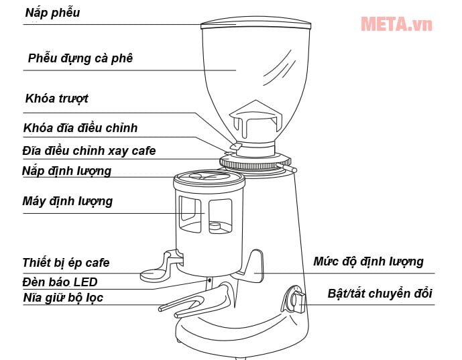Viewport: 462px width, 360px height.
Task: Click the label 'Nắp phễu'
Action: [52, 13]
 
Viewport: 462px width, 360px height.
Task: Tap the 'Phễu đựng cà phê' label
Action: [80, 58]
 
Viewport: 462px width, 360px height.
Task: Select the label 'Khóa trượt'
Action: [56, 99]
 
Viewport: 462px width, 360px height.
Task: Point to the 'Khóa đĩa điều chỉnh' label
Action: [80, 127]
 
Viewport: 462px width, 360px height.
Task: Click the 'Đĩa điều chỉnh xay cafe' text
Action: [89, 150]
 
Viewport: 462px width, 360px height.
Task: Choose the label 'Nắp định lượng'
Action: [66, 171]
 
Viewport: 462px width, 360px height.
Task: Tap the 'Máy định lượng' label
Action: [67, 201]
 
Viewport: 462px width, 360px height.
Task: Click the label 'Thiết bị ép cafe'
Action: [65, 262]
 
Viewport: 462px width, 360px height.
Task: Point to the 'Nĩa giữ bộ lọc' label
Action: [62, 297]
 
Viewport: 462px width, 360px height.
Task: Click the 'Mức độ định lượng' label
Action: [368, 261]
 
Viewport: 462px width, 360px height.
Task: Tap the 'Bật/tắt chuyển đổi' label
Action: [380, 294]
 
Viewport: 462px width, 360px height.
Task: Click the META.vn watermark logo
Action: [396, 24]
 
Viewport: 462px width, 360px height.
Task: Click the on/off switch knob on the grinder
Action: [296, 299]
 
